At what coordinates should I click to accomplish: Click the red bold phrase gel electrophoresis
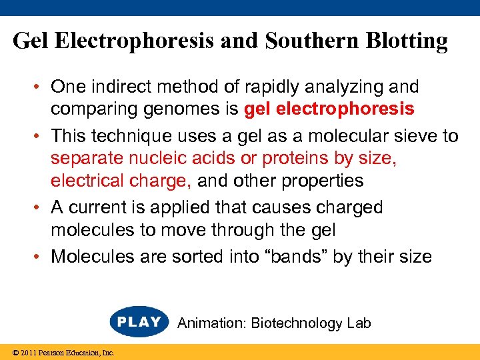329,109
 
